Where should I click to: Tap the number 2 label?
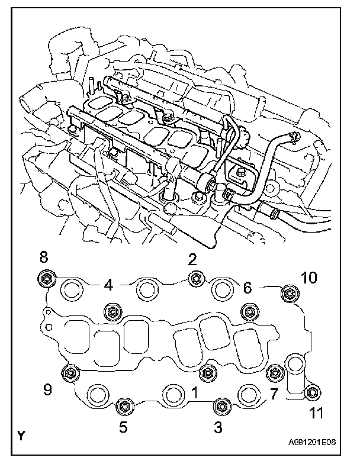pos(192,259)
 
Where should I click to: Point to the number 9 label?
pos(46,391)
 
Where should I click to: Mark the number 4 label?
pos(108,285)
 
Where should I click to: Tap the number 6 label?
pos(247,288)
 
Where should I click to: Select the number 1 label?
pos(195,391)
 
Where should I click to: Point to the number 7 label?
pos(274,393)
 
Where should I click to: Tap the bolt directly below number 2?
pos(195,278)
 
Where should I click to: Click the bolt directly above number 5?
pos(124,406)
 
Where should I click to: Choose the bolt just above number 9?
pos(70,373)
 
